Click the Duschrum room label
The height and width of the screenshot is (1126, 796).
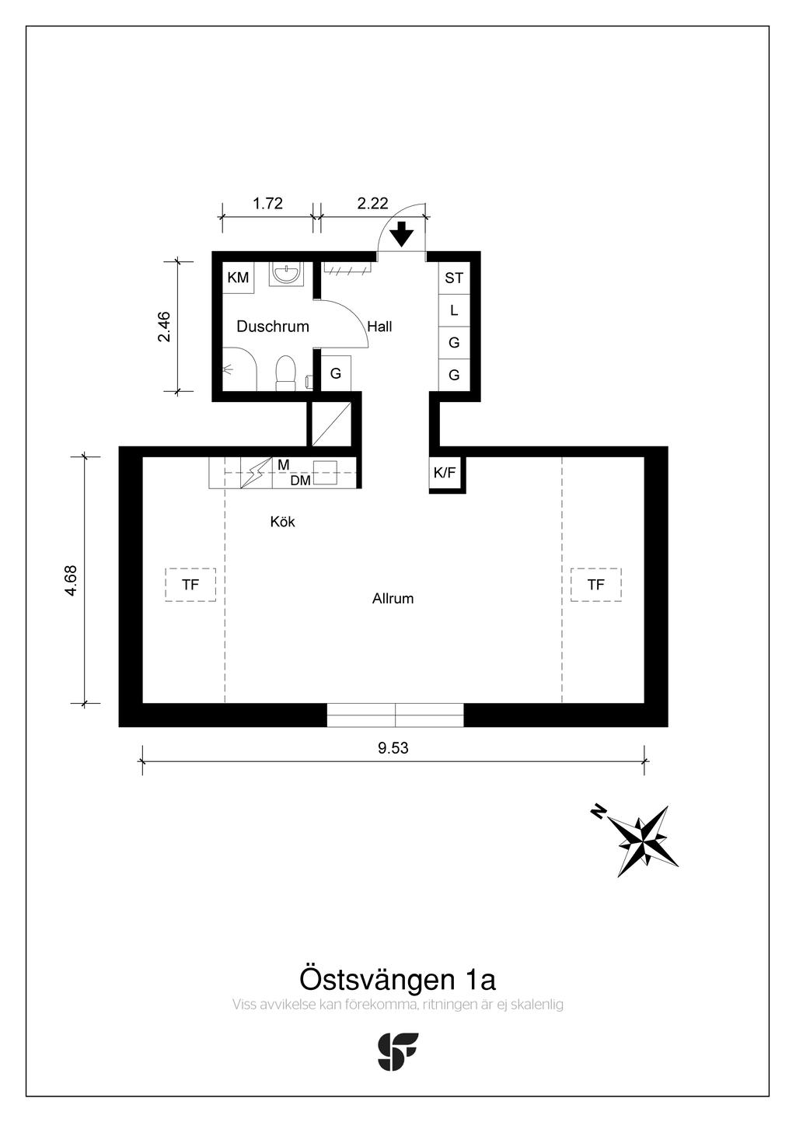[x=272, y=327]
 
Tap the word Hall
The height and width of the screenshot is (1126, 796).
[x=379, y=327]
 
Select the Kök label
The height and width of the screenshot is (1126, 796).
[x=282, y=522]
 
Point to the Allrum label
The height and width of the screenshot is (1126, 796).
[x=393, y=599]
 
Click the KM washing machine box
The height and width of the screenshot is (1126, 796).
[x=238, y=277]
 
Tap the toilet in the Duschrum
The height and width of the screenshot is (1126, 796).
[x=285, y=373]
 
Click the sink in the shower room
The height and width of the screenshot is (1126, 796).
[x=286, y=274]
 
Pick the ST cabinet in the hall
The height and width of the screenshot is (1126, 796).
[x=454, y=278]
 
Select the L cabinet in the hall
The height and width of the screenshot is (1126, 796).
[x=454, y=310]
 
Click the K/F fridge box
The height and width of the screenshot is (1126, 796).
[x=444, y=473]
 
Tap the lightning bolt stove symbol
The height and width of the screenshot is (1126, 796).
[x=256, y=473]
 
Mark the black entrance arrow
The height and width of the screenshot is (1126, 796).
[x=402, y=235]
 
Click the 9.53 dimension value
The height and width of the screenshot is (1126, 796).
[x=393, y=748]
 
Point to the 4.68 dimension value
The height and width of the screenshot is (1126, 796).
[x=71, y=581]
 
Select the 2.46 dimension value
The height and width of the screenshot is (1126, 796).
[x=164, y=327]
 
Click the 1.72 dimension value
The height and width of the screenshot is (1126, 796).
[x=268, y=204]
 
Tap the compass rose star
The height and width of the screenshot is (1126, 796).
[x=644, y=841]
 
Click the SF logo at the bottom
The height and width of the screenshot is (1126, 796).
[x=397, y=1051]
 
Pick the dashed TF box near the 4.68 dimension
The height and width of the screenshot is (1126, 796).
[x=190, y=585]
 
